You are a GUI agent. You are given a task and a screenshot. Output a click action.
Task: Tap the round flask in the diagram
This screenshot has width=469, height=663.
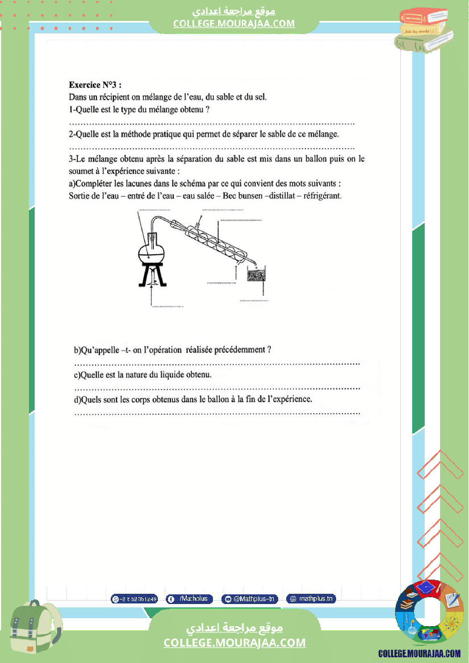click(x=153, y=252)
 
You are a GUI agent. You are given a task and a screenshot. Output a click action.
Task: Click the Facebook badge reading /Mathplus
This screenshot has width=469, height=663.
click(x=189, y=599)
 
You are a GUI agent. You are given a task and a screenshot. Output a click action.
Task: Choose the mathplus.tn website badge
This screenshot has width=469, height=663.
click(x=311, y=598)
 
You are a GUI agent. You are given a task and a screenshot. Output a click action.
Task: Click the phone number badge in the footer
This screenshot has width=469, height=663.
click(x=135, y=599)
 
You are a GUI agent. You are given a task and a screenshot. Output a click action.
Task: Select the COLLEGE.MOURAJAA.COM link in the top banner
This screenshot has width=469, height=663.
click(x=234, y=23)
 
